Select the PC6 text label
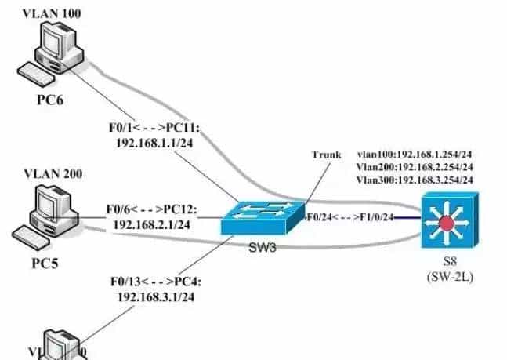[53, 100]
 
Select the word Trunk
[326, 155]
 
